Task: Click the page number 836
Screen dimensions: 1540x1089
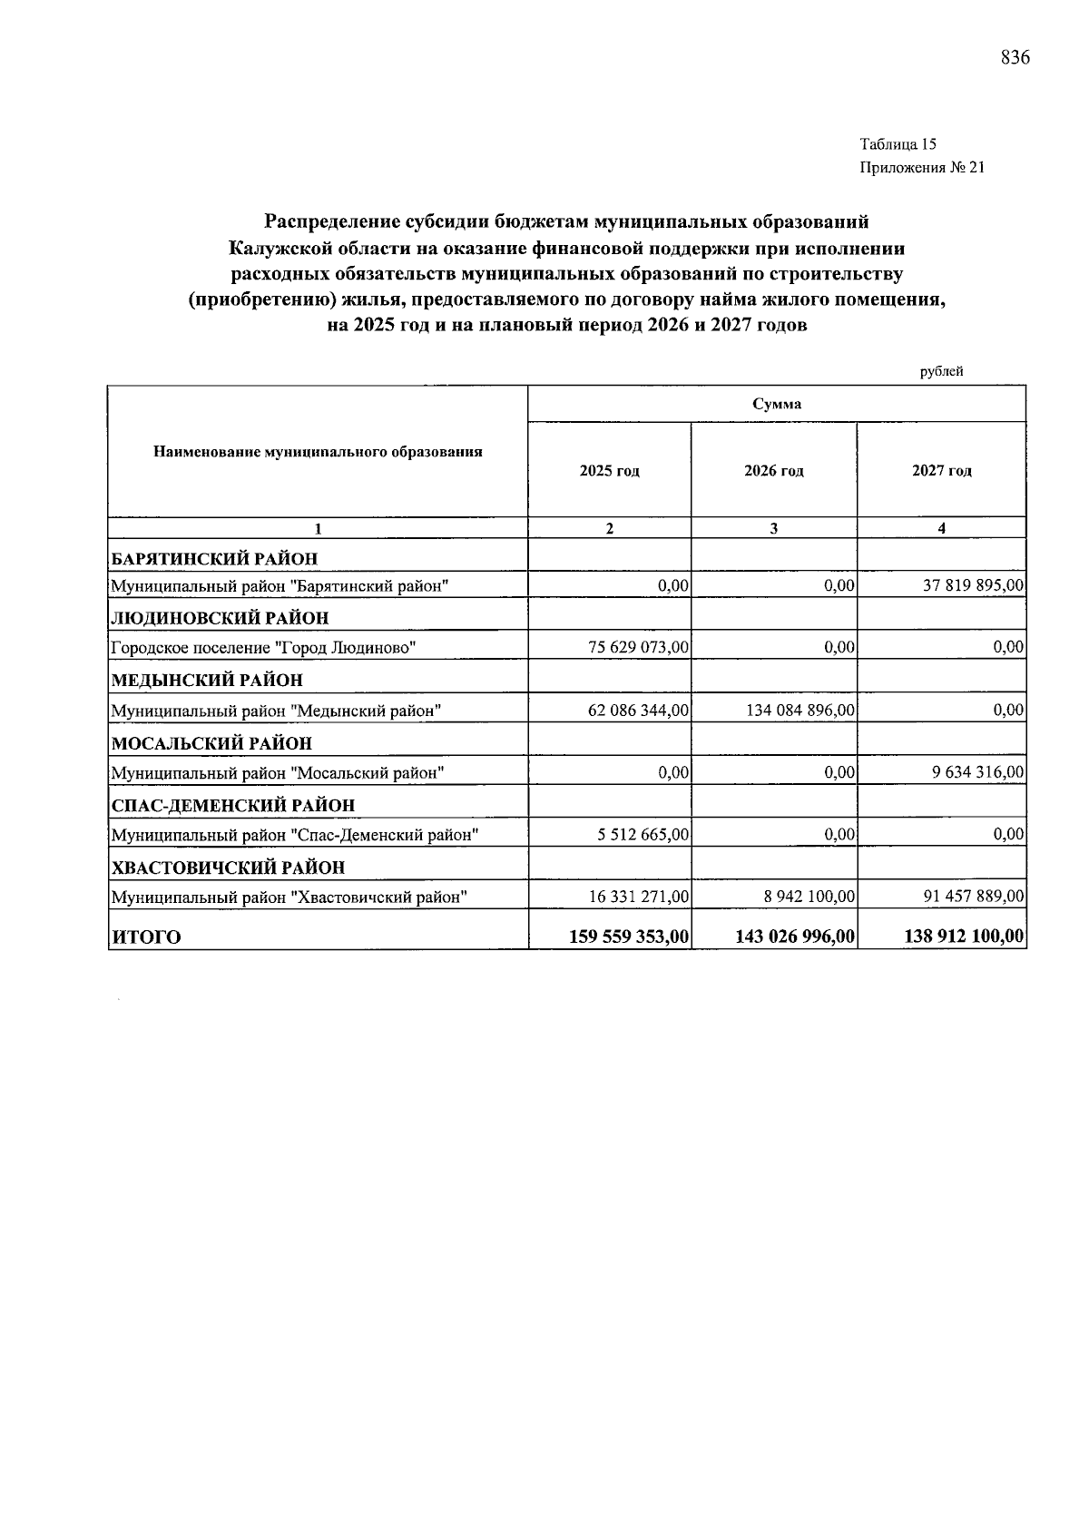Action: [1015, 58]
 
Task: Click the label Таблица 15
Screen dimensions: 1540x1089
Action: [898, 144]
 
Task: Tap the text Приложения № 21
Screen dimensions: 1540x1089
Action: [921, 168]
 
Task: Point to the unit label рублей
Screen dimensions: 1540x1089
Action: [941, 371]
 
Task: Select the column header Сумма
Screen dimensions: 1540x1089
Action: [776, 404]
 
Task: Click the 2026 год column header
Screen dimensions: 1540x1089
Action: [773, 470]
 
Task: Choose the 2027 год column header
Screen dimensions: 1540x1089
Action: [941, 470]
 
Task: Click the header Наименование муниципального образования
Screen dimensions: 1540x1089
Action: [318, 451]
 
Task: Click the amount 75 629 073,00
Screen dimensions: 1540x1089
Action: [638, 647]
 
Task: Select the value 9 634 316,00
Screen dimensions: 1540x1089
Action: [979, 772]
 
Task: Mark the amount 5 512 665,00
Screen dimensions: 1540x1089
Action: [643, 834]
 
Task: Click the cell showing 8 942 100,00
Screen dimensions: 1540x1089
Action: [808, 897]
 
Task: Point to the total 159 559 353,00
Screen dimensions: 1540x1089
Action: [629, 937]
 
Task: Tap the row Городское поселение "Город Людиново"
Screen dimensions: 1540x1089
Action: [263, 648]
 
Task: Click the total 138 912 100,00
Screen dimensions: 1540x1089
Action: [964, 937]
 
